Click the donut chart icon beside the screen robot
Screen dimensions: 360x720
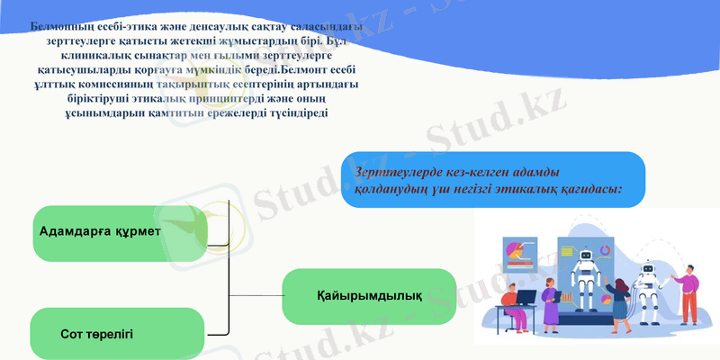pos(606,250)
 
